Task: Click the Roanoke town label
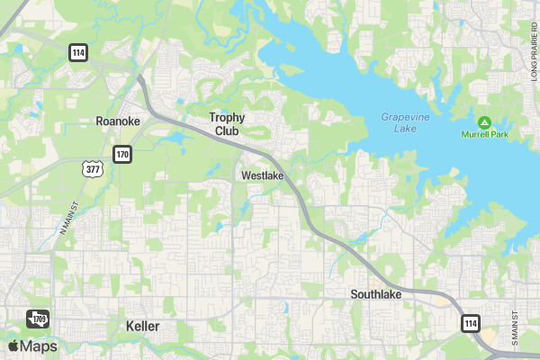(x=118, y=121)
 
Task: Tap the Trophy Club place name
(x=227, y=123)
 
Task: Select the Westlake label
(x=263, y=175)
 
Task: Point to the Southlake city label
(x=375, y=294)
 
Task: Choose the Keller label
(x=142, y=326)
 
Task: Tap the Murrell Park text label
(x=485, y=134)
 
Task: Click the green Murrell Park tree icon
(x=484, y=121)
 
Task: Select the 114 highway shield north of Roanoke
(x=78, y=53)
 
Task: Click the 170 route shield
(x=121, y=155)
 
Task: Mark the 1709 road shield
(x=37, y=319)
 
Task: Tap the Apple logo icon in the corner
(x=13, y=346)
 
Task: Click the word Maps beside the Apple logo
(x=39, y=346)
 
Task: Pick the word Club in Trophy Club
(x=227, y=130)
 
